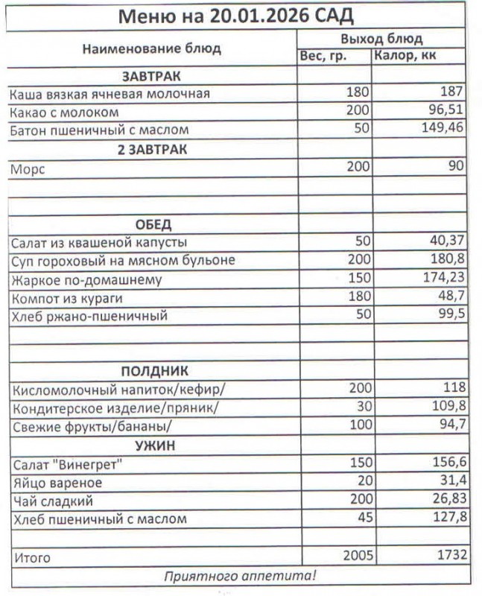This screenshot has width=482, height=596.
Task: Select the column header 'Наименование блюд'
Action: (151, 49)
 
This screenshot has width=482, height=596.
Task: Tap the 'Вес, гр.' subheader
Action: (323, 56)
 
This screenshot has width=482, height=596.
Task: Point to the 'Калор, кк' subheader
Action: (406, 56)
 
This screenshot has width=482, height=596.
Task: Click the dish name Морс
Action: (28, 169)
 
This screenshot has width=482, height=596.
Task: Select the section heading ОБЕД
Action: (153, 224)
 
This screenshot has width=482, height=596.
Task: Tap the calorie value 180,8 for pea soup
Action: (445, 261)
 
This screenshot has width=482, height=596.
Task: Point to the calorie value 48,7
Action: (449, 298)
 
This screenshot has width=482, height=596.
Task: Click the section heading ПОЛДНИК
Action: (154, 371)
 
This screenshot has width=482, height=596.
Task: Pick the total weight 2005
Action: (356, 556)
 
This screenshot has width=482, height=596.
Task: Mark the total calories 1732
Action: (445, 556)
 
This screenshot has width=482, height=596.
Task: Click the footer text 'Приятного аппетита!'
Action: (240, 575)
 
